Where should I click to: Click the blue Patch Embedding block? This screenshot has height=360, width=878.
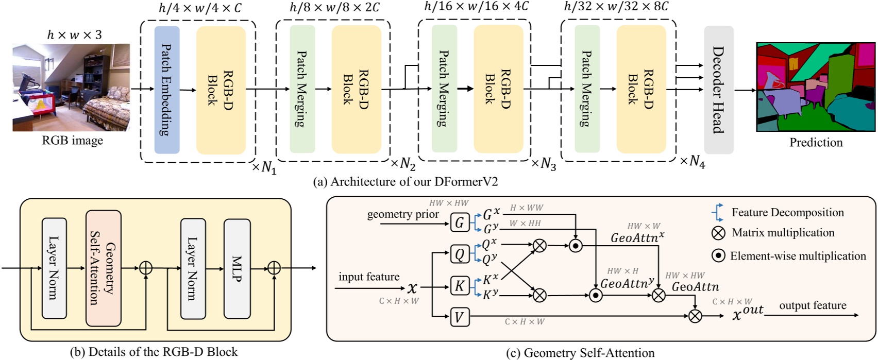coord(167,90)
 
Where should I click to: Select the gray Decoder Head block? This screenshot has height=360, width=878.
coord(718,90)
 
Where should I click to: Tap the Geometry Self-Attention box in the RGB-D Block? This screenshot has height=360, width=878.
coord(104,268)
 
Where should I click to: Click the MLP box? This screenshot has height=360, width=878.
coord(237,268)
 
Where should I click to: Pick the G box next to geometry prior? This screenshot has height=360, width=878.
coord(460,222)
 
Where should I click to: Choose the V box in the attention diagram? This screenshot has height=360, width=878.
coord(460,317)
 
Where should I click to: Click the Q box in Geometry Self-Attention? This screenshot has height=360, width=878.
coord(460,254)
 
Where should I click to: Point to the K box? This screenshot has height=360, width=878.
coord(460,286)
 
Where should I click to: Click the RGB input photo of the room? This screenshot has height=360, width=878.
coord(71,88)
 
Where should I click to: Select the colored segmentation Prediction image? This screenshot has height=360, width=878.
coord(816,87)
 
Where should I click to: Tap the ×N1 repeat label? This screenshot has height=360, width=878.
coord(264,168)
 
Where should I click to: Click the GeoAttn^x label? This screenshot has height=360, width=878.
coord(637,237)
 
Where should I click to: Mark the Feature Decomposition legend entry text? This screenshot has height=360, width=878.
coord(787,212)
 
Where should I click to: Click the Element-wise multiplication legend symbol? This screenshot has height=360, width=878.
coord(718,256)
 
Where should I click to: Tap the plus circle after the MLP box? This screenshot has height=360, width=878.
coord(274,268)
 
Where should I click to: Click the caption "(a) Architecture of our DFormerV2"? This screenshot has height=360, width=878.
coord(406,182)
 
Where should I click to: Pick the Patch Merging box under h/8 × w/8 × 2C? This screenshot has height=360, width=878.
coord(302,89)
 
